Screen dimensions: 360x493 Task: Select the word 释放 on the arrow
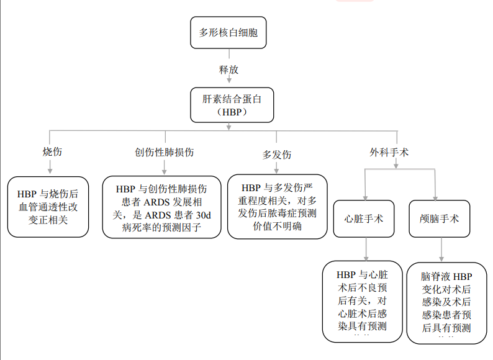click(228, 70)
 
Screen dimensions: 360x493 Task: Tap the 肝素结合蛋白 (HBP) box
click(228, 105)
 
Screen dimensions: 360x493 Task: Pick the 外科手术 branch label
click(389, 152)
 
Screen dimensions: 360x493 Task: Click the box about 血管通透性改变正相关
click(47, 207)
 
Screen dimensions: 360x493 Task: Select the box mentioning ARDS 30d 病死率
click(162, 207)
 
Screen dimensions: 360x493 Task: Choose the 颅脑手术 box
click(440, 218)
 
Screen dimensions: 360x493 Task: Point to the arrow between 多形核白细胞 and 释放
click(228, 55)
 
